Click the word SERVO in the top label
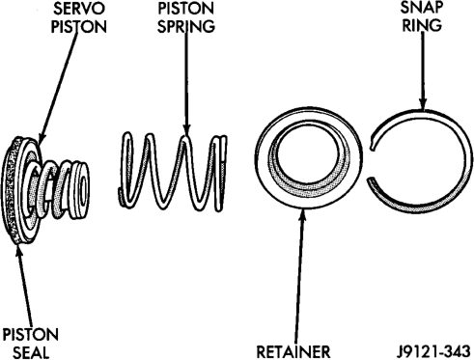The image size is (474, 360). [x=79, y=9]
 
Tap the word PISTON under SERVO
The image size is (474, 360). [x=79, y=27]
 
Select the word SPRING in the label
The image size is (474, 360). [x=186, y=26]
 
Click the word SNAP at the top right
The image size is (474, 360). [x=422, y=8]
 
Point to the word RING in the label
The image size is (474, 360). [x=422, y=25]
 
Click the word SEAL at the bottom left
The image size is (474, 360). [x=31, y=352]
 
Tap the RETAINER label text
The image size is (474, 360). [x=293, y=351]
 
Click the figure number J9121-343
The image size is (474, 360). [x=433, y=351]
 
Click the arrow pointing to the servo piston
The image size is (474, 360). [x=58, y=88]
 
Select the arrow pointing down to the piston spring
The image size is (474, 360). [x=186, y=84]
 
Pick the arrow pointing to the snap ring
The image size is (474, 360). [x=423, y=70]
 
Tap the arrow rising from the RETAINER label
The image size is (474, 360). [x=299, y=277]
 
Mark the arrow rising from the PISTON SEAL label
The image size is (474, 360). [x=24, y=286]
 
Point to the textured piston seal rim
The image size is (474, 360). [x=8, y=190]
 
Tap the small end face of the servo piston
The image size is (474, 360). [x=83, y=188]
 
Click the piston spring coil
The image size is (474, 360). [x=174, y=172]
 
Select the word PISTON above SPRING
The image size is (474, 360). [x=186, y=9]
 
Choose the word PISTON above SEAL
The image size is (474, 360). [x=31, y=335]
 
